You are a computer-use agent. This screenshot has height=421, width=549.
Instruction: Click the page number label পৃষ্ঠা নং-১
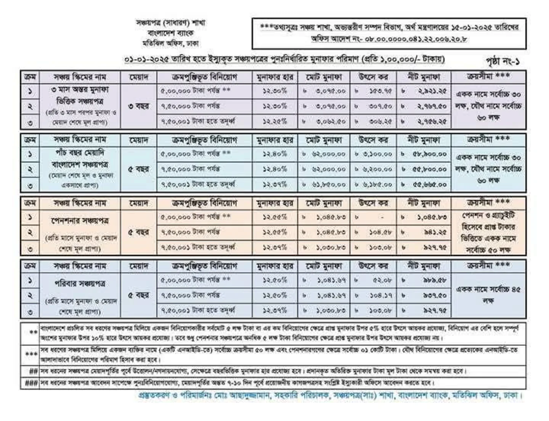click(x=502, y=61)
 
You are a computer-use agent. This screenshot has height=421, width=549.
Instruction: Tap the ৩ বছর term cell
click(x=138, y=106)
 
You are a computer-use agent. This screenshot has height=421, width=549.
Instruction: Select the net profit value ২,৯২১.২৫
click(x=431, y=92)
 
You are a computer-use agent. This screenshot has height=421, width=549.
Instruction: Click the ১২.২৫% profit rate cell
click(x=274, y=122)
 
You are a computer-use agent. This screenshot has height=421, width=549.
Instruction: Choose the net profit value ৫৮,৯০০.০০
click(x=429, y=154)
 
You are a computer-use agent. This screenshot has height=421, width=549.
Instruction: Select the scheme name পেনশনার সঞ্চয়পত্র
click(x=80, y=221)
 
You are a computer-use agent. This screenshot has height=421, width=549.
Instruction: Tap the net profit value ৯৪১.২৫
click(x=435, y=232)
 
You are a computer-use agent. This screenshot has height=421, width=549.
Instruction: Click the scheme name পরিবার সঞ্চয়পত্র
click(x=80, y=284)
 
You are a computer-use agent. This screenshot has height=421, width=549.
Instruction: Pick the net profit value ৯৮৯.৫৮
click(x=434, y=280)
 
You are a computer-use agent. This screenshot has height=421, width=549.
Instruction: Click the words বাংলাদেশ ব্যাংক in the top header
click(x=170, y=33)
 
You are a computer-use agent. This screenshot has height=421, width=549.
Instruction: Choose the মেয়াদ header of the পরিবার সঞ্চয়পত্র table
click(x=138, y=266)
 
